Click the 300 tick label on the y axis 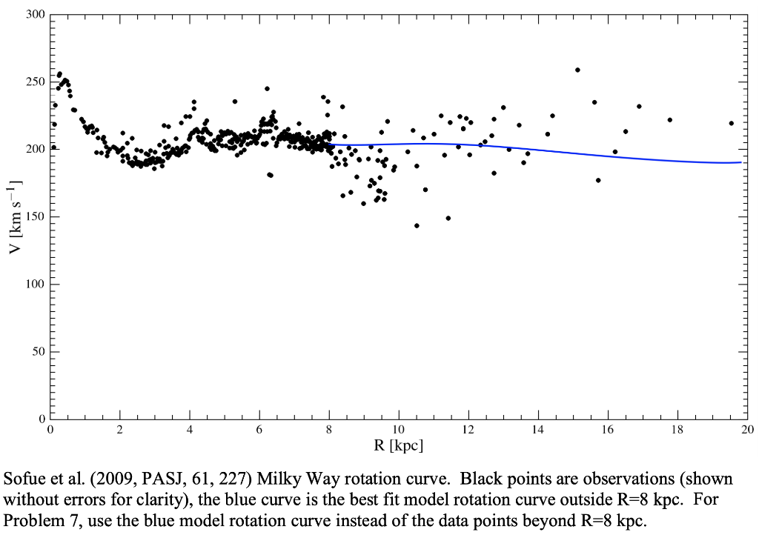(x=34, y=14)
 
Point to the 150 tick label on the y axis (x=34, y=216)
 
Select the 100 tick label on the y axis (x=34, y=285)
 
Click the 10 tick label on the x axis (x=398, y=430)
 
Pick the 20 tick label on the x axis (x=746, y=430)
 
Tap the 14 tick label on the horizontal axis (x=537, y=430)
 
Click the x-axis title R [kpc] (x=398, y=445)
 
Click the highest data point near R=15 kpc (x=577, y=70)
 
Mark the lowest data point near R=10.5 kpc (x=417, y=225)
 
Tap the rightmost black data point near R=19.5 (x=731, y=123)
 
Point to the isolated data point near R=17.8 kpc (x=669, y=119)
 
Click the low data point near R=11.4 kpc (x=448, y=218)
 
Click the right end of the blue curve (x=740, y=162)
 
